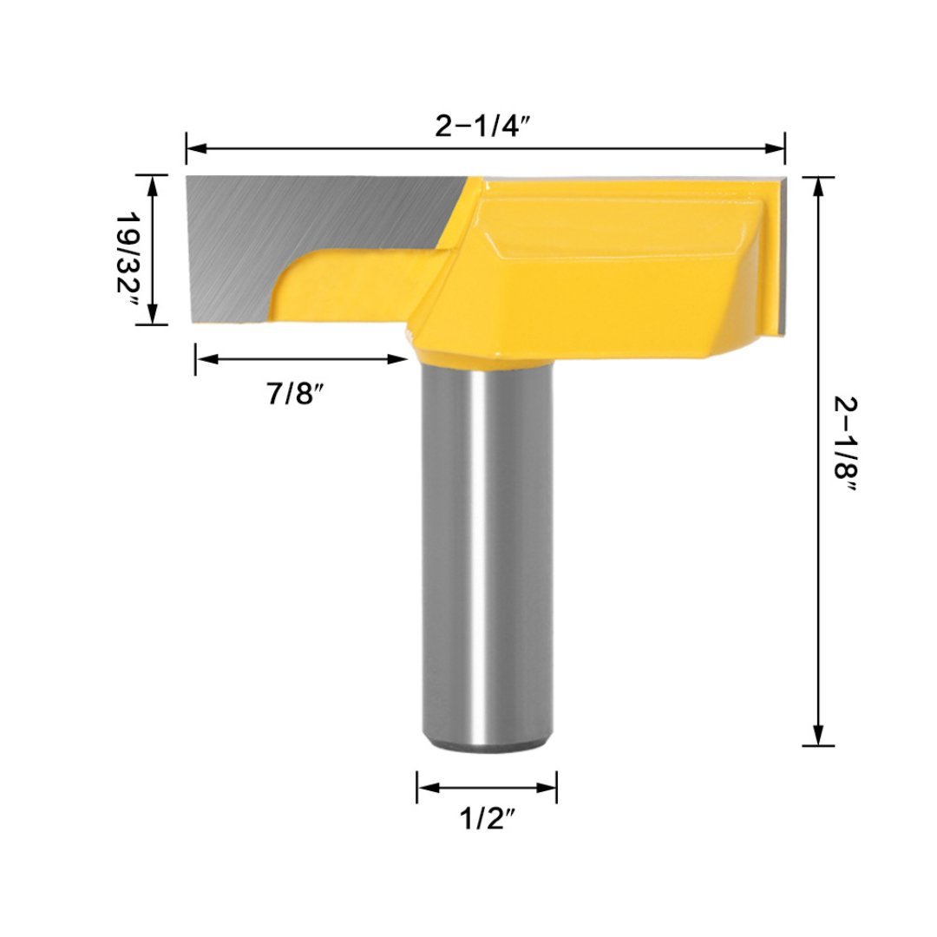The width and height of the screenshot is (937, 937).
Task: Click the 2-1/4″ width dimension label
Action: point(483,126)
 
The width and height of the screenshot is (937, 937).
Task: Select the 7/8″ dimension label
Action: point(295,393)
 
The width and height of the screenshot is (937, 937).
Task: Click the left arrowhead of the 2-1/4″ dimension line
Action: point(197,148)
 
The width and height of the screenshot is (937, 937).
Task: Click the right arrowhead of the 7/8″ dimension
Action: point(397,358)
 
